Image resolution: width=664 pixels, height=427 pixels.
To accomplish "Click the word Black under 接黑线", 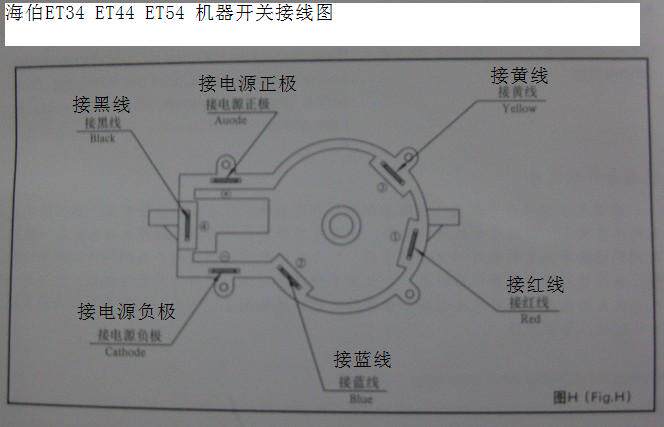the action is tap(102, 139).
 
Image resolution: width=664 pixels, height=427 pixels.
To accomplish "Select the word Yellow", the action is tap(520, 108).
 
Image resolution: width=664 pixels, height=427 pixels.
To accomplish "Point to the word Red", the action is tap(530, 319).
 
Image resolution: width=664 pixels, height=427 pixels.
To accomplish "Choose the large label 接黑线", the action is tap(101, 104).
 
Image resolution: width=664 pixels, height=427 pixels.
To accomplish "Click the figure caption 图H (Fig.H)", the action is tap(592, 397).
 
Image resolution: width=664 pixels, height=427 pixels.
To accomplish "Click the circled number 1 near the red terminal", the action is tap(393, 237).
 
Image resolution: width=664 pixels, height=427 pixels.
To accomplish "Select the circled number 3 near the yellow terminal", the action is tap(381, 186).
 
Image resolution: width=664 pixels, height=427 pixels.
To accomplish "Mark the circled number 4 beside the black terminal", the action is tap(204, 227).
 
